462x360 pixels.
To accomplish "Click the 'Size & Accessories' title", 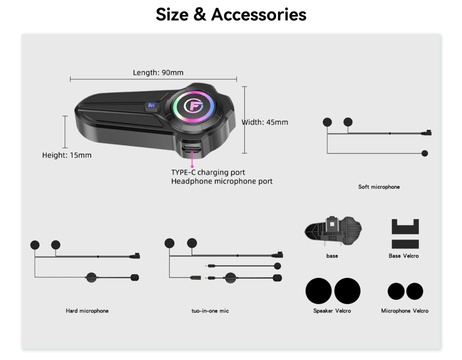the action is coord(231,15).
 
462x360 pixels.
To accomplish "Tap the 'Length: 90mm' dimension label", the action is coord(158,73).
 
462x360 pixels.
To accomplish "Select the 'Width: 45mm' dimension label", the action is coord(265,122).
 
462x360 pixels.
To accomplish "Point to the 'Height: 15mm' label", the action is coord(67,155).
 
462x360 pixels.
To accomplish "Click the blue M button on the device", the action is coord(152,105).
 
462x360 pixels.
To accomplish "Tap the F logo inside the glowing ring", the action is coord(193,106).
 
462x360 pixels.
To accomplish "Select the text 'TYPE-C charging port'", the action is coord(208,172).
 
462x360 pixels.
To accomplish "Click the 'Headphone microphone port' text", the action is coord(222,181).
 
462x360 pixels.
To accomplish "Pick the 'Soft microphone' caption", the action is coord(379,187).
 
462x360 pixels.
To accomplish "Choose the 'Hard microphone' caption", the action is coord(87,311).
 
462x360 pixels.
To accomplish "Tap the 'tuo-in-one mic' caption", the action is coord(210,311).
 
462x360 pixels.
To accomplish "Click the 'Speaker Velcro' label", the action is coord(332,311).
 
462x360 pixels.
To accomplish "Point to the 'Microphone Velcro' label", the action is coord(405,311).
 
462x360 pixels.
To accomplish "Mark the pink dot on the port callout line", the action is coord(192,166).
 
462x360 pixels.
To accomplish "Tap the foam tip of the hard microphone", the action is coord(135,277).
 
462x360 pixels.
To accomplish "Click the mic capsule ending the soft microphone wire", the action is coord(425,153).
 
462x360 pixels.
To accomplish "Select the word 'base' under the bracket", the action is coord(332,256).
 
